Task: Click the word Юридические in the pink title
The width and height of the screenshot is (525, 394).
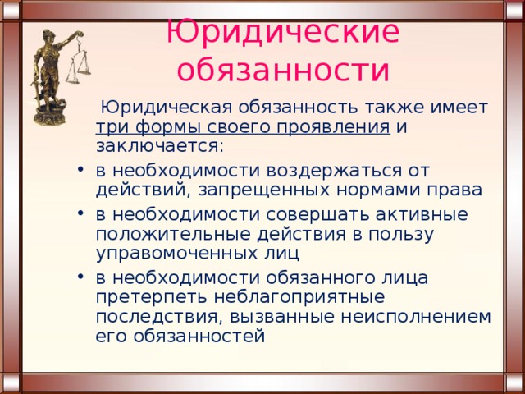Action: point(282,33)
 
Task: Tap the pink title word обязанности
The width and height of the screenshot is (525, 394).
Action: point(283,71)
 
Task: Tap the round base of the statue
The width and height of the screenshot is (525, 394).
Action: point(49,116)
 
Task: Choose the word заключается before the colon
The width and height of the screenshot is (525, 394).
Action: point(157,146)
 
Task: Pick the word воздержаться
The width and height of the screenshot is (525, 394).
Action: point(334,171)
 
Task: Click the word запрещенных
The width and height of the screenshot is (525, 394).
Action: point(265,191)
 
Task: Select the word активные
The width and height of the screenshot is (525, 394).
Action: point(422,214)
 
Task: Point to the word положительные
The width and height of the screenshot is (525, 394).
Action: point(173,235)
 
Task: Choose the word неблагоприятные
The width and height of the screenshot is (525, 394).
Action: point(299,298)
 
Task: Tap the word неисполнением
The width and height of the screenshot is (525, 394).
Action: point(416,317)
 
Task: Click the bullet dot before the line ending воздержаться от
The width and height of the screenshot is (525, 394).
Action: point(80,170)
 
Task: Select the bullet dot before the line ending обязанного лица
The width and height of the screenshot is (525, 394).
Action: point(80,277)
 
